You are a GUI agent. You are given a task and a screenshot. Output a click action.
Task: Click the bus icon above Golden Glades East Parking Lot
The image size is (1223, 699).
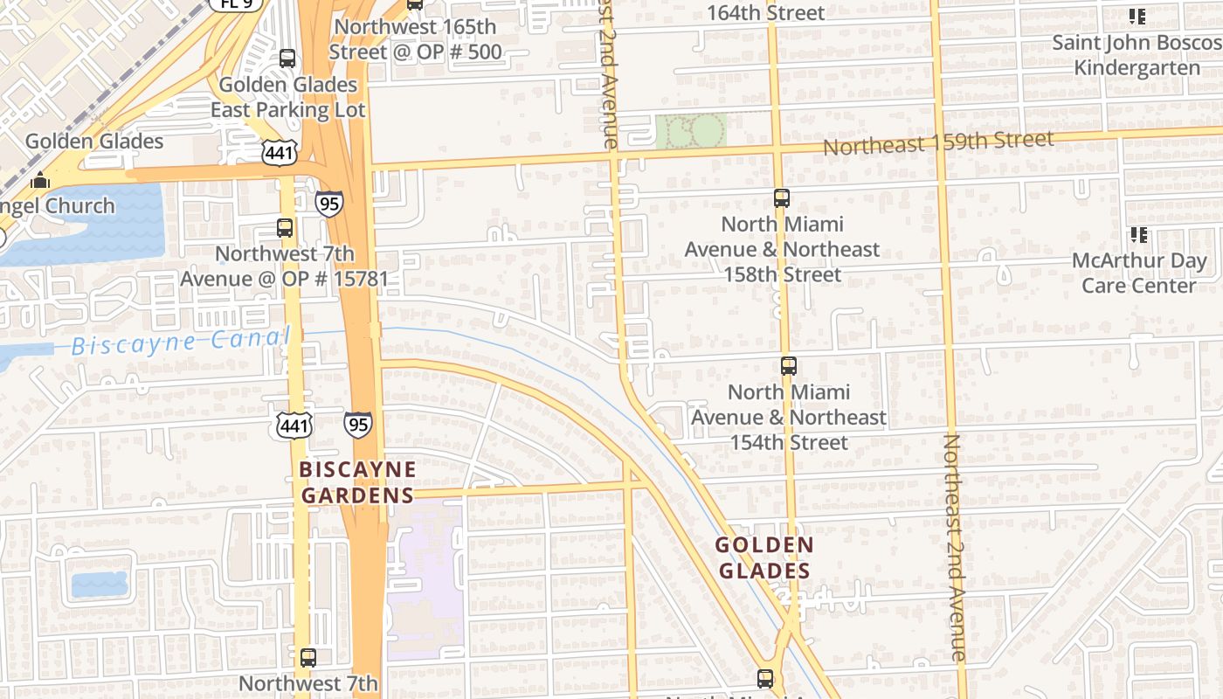pos(287,59)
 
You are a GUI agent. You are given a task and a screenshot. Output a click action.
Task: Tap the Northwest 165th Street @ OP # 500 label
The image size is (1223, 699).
pos(415,39)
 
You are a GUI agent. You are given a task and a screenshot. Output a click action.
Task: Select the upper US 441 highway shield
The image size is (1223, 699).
pos(280,153)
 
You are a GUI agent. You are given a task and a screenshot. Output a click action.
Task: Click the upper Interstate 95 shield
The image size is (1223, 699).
pos(329,204)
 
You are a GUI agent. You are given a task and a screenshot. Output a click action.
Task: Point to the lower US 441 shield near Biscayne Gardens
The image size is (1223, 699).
pos(294,426)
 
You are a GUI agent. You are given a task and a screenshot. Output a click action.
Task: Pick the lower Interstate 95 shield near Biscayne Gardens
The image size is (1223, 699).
pos(357,425)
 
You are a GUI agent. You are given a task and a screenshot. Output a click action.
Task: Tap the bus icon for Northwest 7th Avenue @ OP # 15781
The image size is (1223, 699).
pos(285,228)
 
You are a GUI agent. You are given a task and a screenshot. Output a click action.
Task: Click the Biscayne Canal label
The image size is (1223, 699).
pos(180,342)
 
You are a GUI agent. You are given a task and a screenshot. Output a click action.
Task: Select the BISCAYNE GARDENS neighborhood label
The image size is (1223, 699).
pos(357,482)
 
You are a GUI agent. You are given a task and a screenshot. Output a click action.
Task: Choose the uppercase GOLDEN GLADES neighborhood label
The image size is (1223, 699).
pos(764,558)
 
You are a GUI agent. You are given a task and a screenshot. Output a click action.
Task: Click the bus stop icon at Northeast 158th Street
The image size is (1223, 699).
pos(782,198)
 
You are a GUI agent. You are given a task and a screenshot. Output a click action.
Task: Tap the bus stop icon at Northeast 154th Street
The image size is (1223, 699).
pos(789,366)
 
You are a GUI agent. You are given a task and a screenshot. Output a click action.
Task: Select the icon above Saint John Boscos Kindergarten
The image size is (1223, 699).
pos(1137,16)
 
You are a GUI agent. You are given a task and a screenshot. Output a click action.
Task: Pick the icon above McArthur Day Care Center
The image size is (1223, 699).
pos(1138,234)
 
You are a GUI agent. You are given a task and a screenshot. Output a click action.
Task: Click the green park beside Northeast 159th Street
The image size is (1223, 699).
pos(691,131)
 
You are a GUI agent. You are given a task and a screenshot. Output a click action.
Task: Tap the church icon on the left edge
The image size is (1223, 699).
pos(40,181)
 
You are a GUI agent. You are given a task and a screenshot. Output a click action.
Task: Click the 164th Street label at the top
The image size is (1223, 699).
pos(765,12)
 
